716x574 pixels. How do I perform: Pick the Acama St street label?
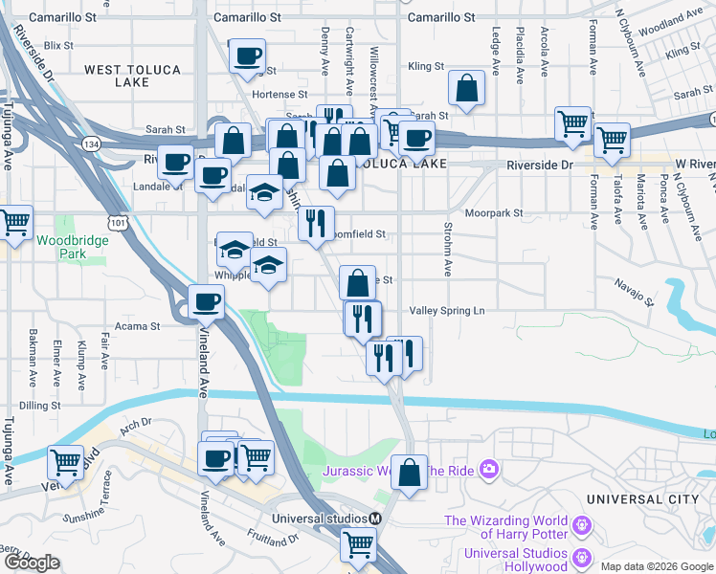(138, 326)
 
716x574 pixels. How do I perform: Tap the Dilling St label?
(40, 406)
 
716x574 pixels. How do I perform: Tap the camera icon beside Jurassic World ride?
(489, 468)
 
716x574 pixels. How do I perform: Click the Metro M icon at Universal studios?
(376, 519)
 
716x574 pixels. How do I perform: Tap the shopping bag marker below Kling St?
(467, 89)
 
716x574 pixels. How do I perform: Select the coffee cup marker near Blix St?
(248, 55)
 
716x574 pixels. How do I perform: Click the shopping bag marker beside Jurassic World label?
(409, 473)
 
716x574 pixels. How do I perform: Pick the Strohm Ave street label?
(448, 250)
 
